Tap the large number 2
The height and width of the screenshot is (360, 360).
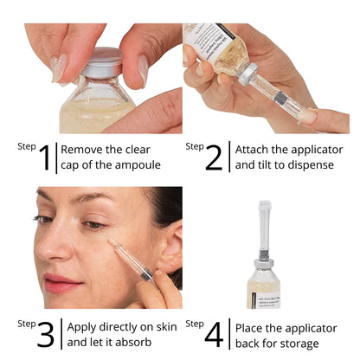click(x=214, y=157)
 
